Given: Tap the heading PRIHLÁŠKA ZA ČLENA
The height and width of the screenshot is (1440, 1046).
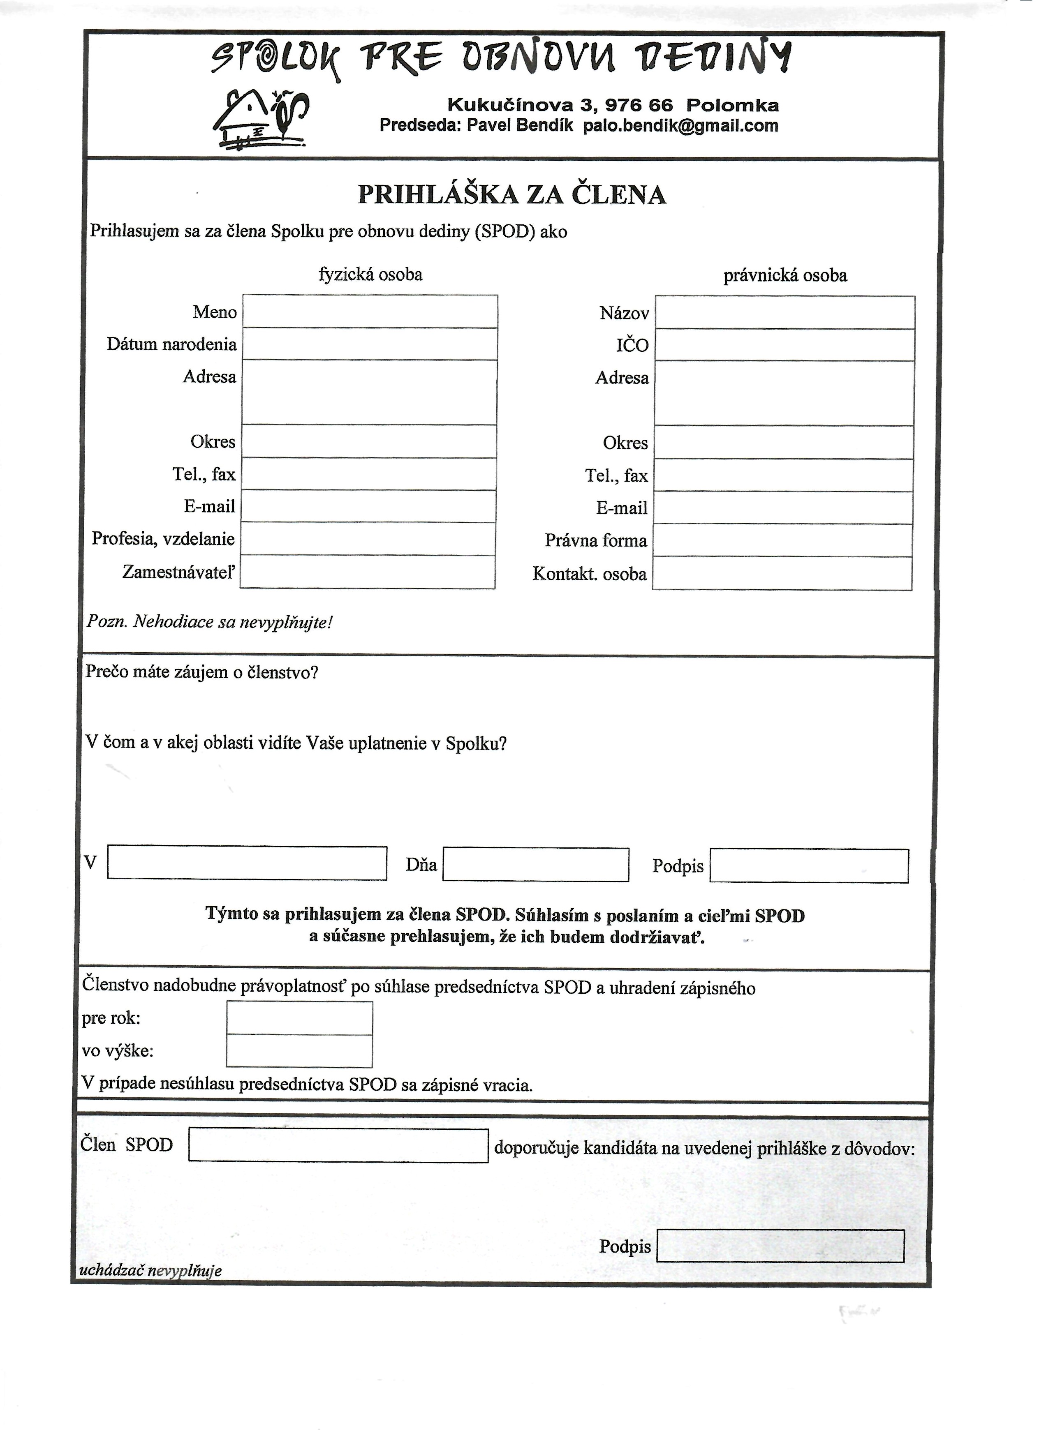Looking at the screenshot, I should point(512,194).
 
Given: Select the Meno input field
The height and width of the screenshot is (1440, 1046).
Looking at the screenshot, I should point(370,312).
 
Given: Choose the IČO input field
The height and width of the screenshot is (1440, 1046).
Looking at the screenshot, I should point(784,345).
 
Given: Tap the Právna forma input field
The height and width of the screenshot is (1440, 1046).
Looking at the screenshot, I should point(783,541).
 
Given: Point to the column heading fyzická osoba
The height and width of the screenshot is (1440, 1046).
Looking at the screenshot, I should point(370,274).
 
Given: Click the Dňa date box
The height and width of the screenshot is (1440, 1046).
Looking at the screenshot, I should point(535,865).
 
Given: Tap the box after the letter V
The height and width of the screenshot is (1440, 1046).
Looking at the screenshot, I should point(247,863).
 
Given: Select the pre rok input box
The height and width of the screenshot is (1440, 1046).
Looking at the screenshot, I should point(299,1018).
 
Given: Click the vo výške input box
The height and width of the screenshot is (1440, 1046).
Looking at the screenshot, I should point(299,1051).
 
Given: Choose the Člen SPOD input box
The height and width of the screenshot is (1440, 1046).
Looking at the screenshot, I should point(338,1145).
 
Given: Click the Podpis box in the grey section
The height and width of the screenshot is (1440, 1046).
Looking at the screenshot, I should point(780,1246).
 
